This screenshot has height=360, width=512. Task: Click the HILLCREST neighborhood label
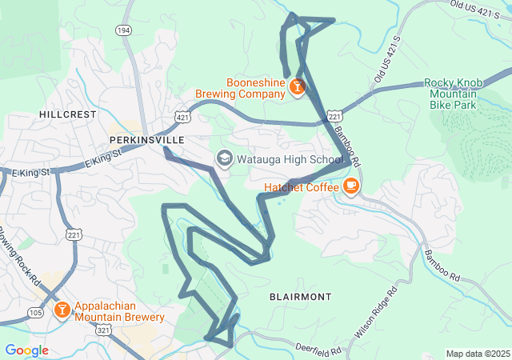[68, 114]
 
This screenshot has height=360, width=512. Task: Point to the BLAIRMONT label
[300, 297]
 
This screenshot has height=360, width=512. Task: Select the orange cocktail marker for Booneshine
[297, 86]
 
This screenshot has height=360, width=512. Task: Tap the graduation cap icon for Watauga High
[225, 158]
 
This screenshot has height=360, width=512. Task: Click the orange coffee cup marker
[350, 186]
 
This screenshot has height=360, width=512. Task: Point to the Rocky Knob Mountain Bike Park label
[461, 93]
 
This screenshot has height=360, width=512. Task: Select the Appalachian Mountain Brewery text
[119, 311]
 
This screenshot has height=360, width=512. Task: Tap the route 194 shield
[123, 30]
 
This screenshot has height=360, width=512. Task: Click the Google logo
[26, 350]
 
